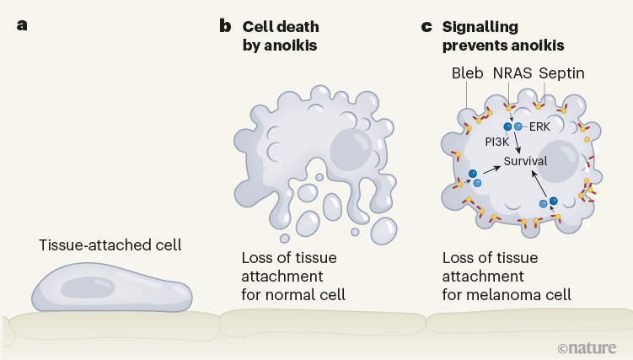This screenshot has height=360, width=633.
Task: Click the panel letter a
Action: [22, 24]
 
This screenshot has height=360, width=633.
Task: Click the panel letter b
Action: [225, 25]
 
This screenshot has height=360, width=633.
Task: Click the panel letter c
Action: [426, 25]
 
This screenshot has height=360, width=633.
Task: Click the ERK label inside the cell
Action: [539, 126]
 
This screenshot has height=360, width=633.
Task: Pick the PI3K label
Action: [497, 142]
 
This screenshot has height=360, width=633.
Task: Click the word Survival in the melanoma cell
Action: [525, 160]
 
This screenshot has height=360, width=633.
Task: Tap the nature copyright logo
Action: [587, 347]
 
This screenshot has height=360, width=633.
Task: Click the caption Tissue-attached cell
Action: [110, 245]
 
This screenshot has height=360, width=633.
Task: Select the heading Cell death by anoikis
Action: [280, 35]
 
